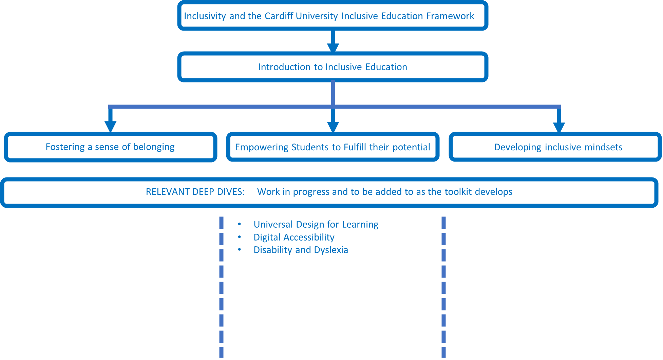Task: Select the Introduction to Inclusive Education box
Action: [333, 67]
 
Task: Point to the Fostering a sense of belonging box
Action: [110, 147]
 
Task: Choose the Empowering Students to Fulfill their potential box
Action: [333, 147]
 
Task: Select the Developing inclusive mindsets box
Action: [558, 147]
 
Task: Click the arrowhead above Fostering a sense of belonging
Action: [110, 126]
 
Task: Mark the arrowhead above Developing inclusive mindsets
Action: [559, 127]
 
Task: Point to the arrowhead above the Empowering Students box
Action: [333, 127]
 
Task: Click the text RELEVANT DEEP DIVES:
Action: [195, 192]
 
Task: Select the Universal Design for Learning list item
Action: [316, 224]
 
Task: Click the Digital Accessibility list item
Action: [294, 237]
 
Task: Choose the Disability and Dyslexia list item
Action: [301, 250]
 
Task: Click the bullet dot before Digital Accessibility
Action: [240, 237]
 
